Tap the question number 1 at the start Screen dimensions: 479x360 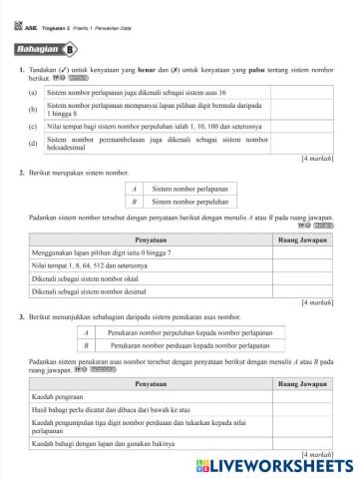pos(21,69)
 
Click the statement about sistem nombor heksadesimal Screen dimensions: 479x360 pos(151,144)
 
